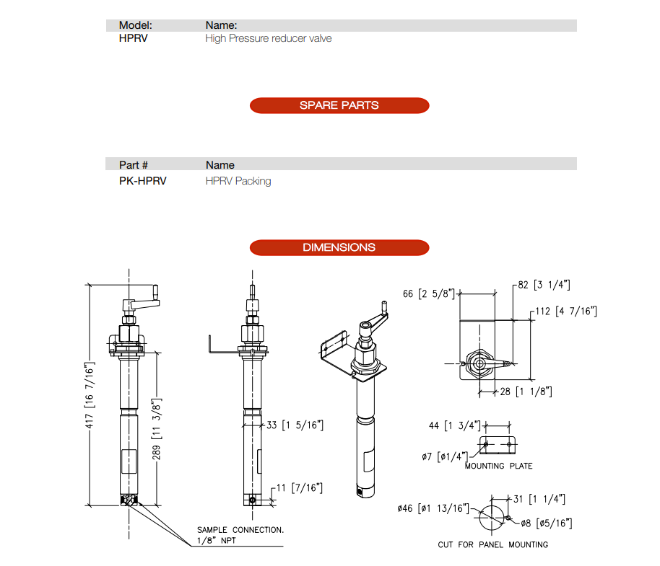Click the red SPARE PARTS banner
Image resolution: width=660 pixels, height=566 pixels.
pyautogui.click(x=339, y=105)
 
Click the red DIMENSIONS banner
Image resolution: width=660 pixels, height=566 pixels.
pyautogui.click(x=339, y=247)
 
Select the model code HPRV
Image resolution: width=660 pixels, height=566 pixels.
pyautogui.click(x=134, y=38)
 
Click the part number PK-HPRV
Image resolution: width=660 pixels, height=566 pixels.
pyautogui.click(x=142, y=181)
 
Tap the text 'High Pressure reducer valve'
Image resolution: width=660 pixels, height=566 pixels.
pyautogui.click(x=269, y=38)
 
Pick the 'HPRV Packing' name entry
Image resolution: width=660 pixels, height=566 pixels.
pyautogui.click(x=238, y=181)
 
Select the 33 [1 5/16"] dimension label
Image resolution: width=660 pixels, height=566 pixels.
pyautogui.click(x=295, y=425)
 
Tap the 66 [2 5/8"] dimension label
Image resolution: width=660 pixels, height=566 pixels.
pyautogui.click(x=429, y=293)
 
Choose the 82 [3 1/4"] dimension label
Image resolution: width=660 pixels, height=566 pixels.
pyautogui.click(x=544, y=285)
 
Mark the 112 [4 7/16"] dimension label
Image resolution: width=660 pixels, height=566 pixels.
pyautogui.click(x=566, y=311)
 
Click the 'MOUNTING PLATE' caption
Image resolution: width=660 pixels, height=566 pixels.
pyautogui.click(x=498, y=466)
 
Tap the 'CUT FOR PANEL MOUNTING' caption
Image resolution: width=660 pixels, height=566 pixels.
pyautogui.click(x=492, y=544)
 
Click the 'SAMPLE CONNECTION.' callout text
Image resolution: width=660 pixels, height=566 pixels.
pyautogui.click(x=240, y=530)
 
